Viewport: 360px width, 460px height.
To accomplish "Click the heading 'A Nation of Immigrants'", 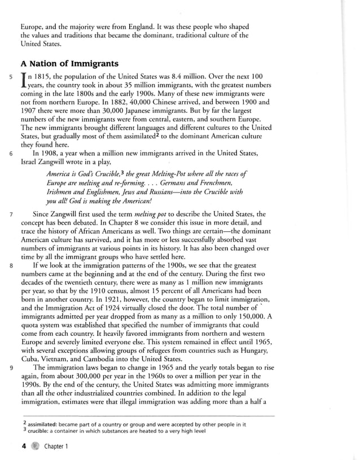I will click(69, 63).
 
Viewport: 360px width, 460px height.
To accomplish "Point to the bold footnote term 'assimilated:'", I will click(44, 424).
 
